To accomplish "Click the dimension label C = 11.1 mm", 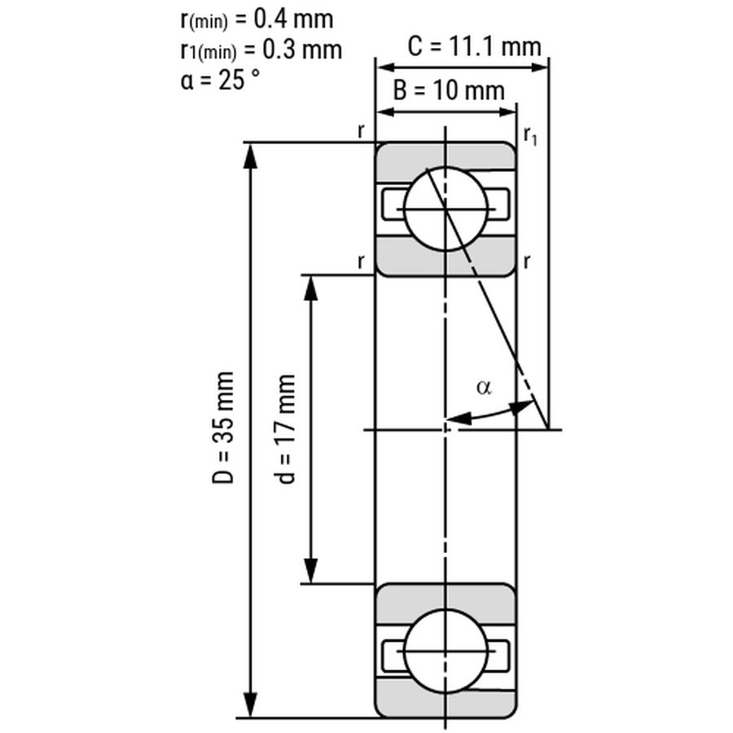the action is click(x=474, y=46).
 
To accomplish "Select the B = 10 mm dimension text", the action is click(x=449, y=90).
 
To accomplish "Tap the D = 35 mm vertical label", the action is click(x=223, y=428).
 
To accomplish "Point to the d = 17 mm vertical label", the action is click(x=283, y=429).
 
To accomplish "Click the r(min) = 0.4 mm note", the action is click(x=257, y=20).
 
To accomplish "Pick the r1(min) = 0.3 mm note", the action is click(x=261, y=50).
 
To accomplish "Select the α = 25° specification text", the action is click(x=220, y=80).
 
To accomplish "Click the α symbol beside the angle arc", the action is click(x=485, y=387).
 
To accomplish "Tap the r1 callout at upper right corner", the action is click(x=530, y=136).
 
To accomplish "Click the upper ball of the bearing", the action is click(x=446, y=209).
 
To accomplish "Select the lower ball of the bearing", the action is click(x=446, y=651).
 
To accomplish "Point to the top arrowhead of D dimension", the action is click(x=251, y=156).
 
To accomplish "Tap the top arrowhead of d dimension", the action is click(x=311, y=287).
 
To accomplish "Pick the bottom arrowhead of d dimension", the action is click(x=311, y=571).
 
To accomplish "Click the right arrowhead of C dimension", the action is click(x=537, y=68).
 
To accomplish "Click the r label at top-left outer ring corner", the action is click(x=361, y=132).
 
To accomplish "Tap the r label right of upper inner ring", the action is click(x=527, y=261).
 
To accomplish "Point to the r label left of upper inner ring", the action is click(x=361, y=261).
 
